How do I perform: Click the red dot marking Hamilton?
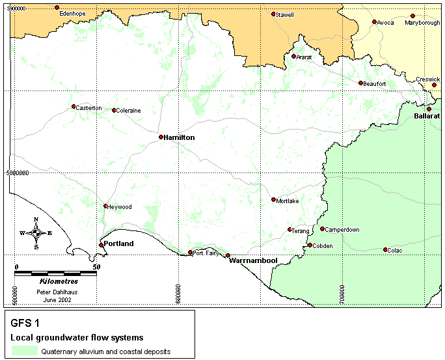pos(161,137)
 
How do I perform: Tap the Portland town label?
pos(119,243)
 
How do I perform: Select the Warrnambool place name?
pos(253,260)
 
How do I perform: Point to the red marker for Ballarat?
pos(429,109)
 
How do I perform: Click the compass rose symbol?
pos(36,232)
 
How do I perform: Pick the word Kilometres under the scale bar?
pos(58,281)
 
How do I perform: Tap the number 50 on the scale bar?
pos(96,267)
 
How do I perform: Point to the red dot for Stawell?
pos(273,14)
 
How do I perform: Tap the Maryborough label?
pos(422,22)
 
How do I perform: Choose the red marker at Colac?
pos(385,249)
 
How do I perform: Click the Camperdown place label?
pos(342,229)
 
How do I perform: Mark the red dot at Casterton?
pos(74,107)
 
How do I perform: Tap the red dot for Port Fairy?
pos(190,253)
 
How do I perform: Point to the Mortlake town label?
pos(288,201)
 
